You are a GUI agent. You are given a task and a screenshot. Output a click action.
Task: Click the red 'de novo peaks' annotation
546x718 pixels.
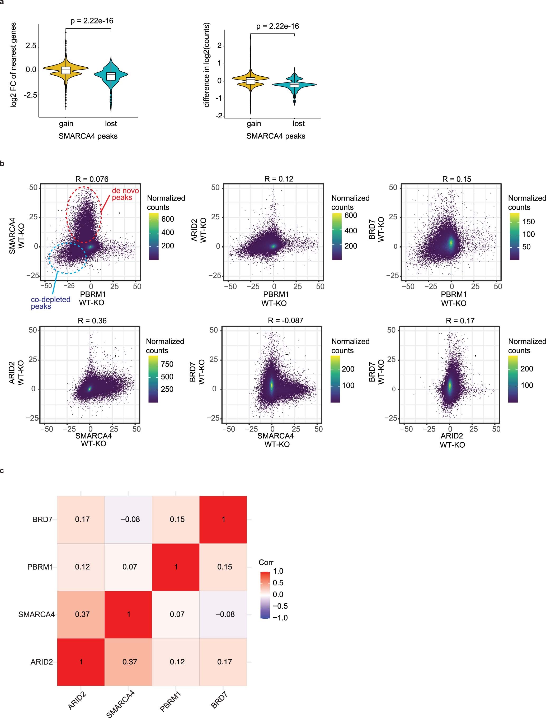pyautogui.click(x=122, y=194)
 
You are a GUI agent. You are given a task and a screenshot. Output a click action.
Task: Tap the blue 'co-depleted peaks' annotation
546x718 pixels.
pyautogui.click(x=50, y=303)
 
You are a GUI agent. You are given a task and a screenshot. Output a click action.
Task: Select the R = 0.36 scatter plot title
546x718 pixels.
pyautogui.click(x=92, y=321)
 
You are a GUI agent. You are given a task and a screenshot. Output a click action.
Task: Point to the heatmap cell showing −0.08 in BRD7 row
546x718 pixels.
pyautogui.click(x=130, y=519)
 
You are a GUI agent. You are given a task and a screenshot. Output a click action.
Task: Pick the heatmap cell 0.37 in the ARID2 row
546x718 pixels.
pyautogui.click(x=130, y=662)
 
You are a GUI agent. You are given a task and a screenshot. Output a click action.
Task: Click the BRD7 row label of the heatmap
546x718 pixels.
pyautogui.click(x=42, y=519)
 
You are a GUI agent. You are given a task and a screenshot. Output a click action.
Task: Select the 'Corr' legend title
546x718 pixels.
pyautogui.click(x=266, y=562)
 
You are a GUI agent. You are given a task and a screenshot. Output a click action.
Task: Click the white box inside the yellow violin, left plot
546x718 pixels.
pyautogui.click(x=66, y=70)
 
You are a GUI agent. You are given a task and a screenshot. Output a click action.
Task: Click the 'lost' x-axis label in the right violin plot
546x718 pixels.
pyautogui.click(x=298, y=124)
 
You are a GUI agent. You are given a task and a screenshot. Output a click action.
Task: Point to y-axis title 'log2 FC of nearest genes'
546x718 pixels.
pyautogui.click(x=13, y=65)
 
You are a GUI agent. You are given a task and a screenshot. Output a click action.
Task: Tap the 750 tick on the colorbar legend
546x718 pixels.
pyautogui.click(x=167, y=364)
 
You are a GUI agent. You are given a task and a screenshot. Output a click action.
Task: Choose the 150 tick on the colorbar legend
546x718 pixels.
pyautogui.click(x=528, y=221)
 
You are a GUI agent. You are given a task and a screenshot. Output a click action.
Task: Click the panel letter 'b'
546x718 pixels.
pyautogui.click(x=2, y=164)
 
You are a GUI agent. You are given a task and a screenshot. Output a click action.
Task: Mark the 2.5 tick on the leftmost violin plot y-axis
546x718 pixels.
pyautogui.click(x=31, y=45)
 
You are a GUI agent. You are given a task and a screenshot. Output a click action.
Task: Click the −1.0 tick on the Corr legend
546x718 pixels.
pyautogui.click(x=280, y=618)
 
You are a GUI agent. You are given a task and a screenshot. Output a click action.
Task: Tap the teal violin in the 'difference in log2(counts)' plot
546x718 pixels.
pyautogui.click(x=294, y=85)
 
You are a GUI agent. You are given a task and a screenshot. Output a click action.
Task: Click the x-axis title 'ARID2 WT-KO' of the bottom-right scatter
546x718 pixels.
pyautogui.click(x=452, y=440)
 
